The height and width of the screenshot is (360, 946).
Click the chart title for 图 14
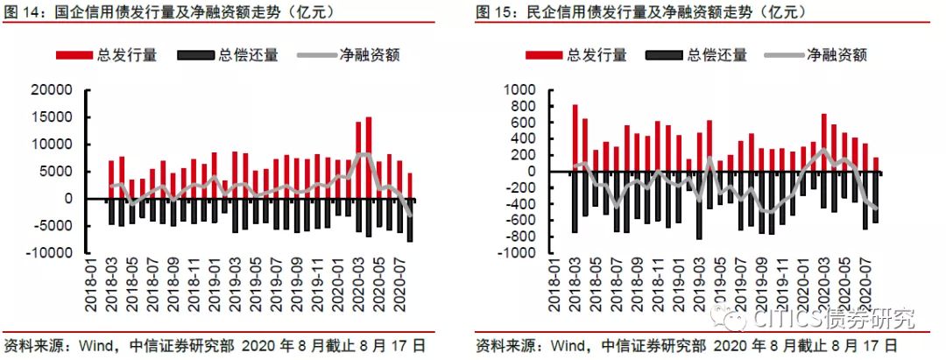170,11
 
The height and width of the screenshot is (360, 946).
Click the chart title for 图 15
642,11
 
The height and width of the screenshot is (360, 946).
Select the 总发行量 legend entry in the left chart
106,55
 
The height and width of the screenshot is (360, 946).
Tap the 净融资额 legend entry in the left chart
349,55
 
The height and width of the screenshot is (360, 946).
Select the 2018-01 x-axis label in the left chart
90,287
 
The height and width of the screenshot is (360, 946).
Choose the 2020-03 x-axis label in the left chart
357,287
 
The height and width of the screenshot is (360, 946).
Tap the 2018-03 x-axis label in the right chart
575,287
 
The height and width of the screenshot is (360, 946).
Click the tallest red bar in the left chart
369,158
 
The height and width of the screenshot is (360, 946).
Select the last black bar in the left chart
410,220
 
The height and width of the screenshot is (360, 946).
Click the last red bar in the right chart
875,165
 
